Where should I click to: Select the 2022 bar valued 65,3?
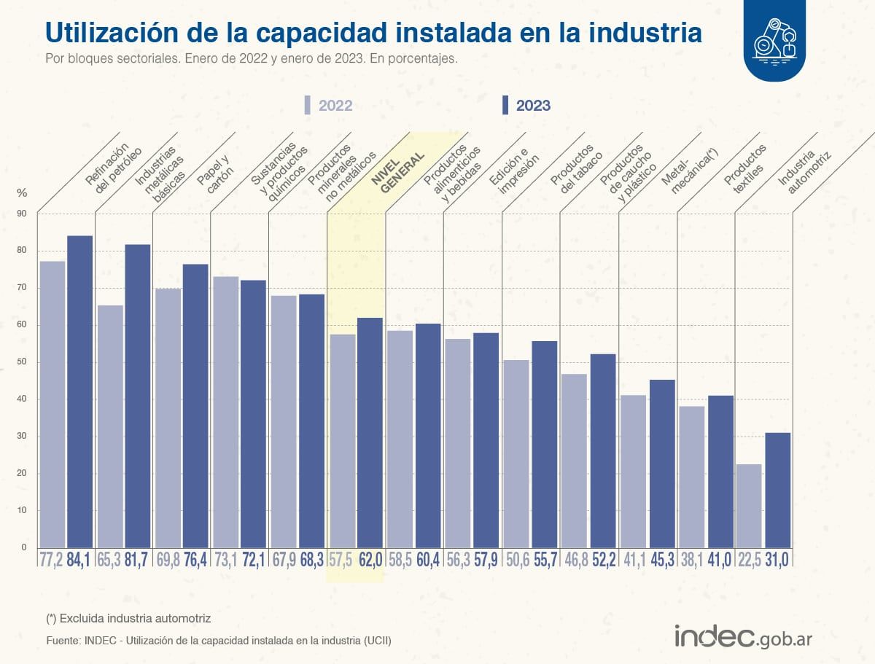pyautogui.click(x=110, y=426)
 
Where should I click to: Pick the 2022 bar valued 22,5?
pyautogui.click(x=749, y=506)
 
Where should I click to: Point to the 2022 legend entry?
pyautogui.click(x=329, y=106)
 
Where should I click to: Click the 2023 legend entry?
pyautogui.click(x=526, y=106)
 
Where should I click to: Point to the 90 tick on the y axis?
pyautogui.click(x=21, y=214)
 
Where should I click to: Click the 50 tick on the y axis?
pyautogui.click(x=21, y=362)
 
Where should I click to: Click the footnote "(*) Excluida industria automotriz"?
pyautogui.click(x=128, y=618)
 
